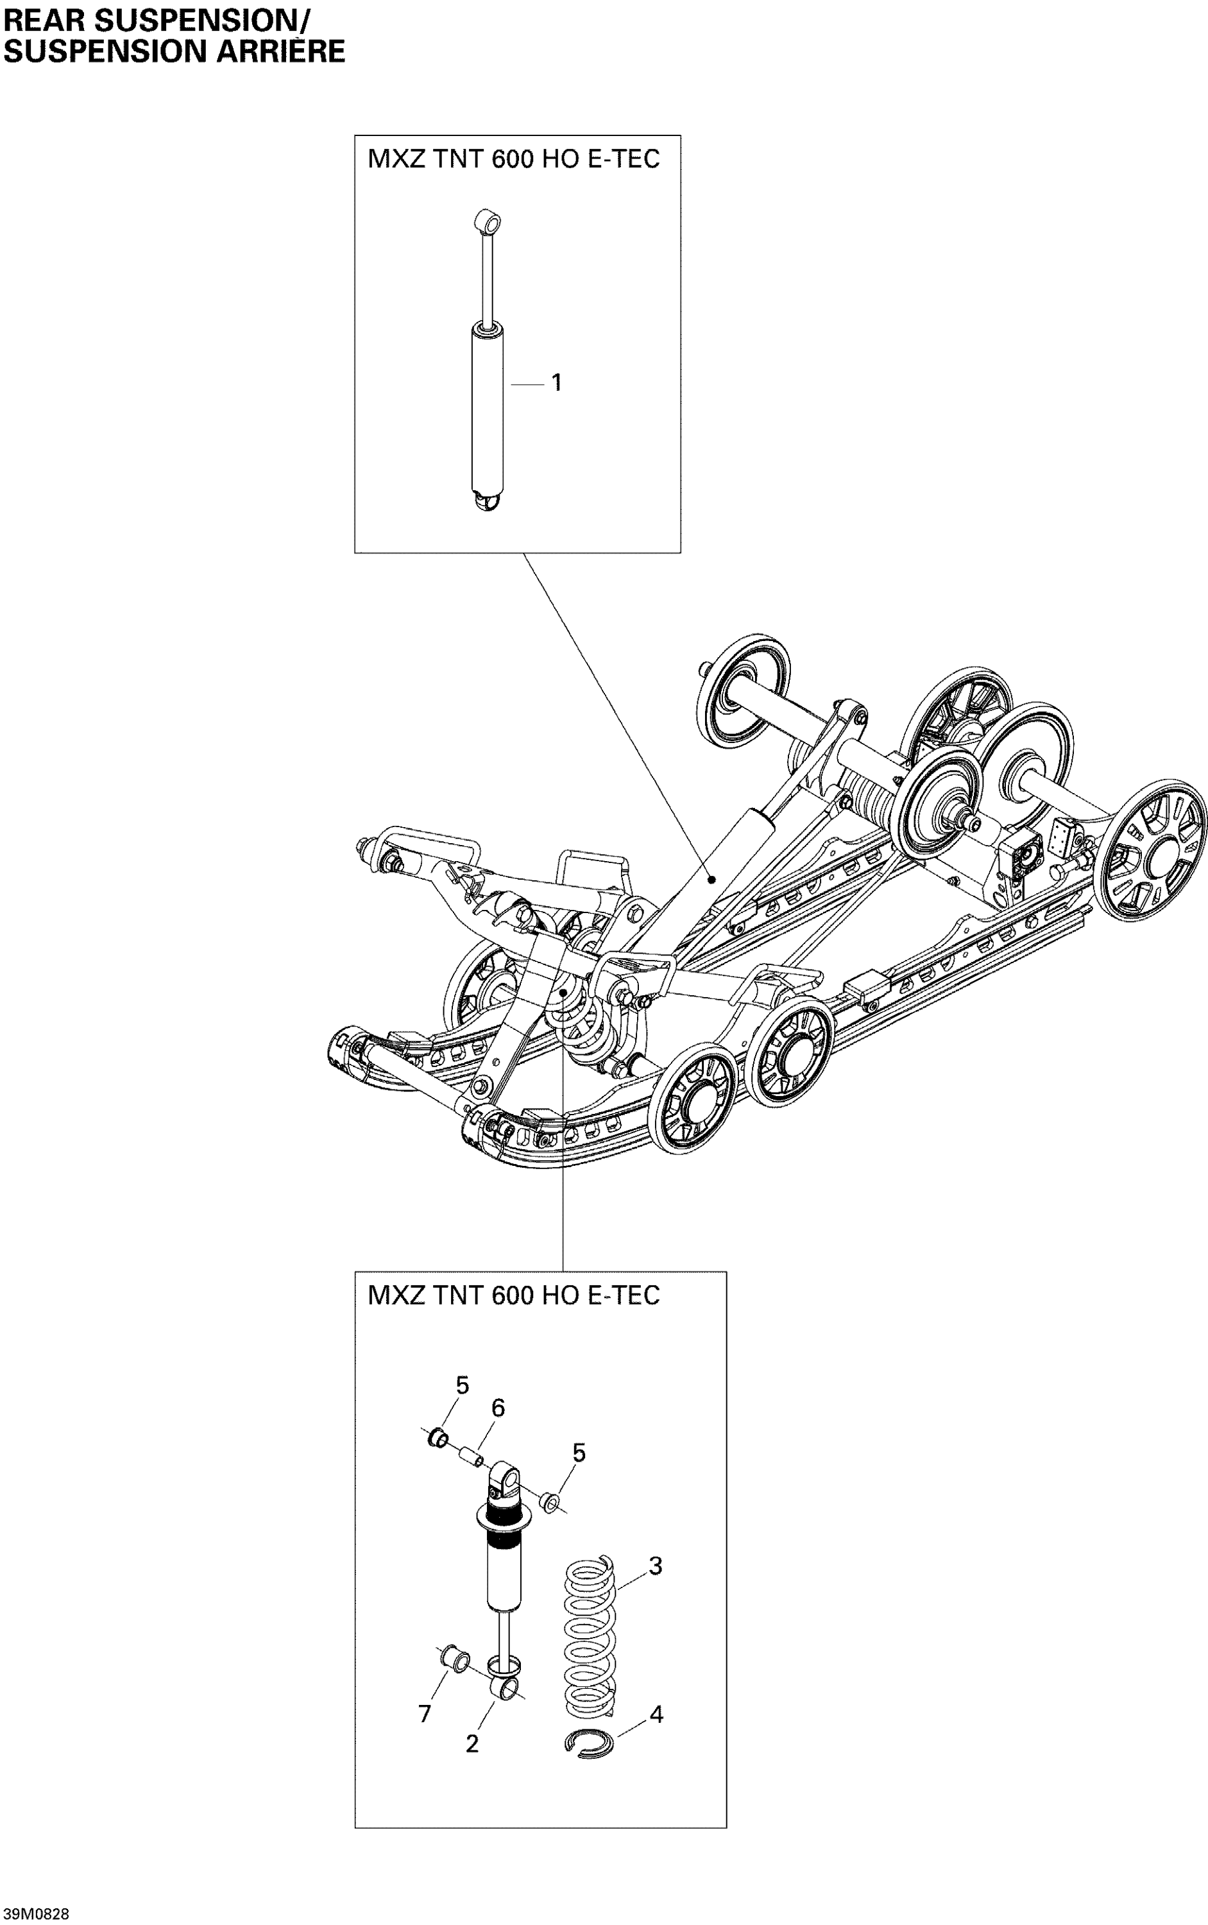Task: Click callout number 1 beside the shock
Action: pyautogui.click(x=557, y=383)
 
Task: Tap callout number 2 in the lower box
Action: pyautogui.click(x=472, y=1743)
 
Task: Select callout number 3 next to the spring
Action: pyautogui.click(x=655, y=1566)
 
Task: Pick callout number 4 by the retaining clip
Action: pyautogui.click(x=656, y=1714)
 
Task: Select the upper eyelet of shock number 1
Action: pyautogui.click(x=486, y=221)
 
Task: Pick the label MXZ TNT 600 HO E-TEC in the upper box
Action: pyautogui.click(x=514, y=158)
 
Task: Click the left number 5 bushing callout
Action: pyautogui.click(x=462, y=1385)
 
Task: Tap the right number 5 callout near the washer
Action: pyautogui.click(x=579, y=1453)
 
